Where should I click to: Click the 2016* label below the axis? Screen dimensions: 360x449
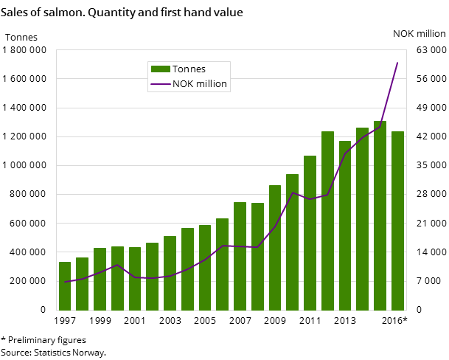point(394,321)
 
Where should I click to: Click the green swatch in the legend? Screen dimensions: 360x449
point(160,69)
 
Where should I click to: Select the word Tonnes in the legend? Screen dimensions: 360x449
point(189,69)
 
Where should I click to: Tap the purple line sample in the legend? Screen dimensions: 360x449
point(160,85)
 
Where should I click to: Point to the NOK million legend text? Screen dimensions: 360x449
point(200,85)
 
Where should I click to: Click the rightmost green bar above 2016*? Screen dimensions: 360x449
point(397,221)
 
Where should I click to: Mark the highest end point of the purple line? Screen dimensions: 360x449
point(397,63)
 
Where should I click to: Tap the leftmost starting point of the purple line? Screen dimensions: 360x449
point(65,282)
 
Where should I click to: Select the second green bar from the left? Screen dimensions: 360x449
point(82,284)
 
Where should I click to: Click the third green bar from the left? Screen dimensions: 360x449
point(100,279)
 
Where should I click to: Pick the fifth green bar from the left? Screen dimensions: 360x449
point(135,279)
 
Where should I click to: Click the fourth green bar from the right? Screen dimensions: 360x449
point(345,225)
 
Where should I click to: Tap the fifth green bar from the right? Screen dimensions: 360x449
point(327,221)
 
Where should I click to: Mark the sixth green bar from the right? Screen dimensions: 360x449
point(310,233)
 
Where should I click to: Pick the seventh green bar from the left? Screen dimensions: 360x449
point(170,273)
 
